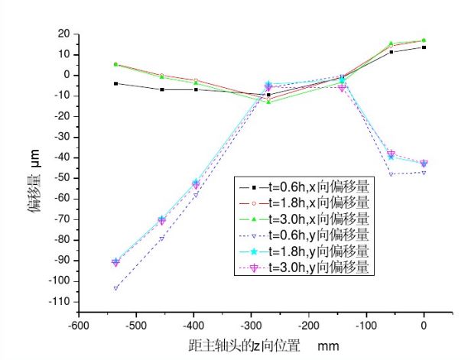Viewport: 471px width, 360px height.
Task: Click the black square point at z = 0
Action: (x=424, y=47)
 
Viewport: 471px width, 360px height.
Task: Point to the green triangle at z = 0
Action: (x=424, y=41)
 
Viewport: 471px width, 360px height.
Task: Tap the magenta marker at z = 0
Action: (x=424, y=164)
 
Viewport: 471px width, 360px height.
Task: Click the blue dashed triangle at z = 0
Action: (x=424, y=172)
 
